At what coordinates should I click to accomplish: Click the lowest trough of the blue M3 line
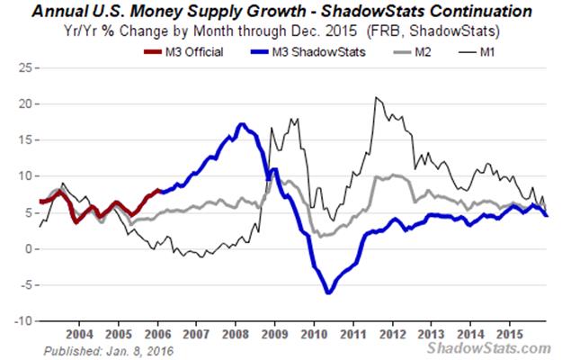coord(329,292)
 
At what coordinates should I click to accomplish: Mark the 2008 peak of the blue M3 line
coord(242,125)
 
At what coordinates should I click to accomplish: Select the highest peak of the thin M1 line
coord(376,97)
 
